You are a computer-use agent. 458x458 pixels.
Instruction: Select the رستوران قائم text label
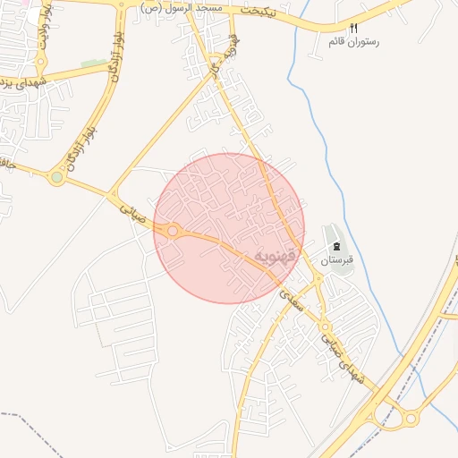pos(354,41)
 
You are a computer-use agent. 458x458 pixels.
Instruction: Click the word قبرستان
pos(338,259)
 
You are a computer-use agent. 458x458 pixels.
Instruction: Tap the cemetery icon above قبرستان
pos(337,245)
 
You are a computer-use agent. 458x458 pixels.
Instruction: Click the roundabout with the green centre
pos(57,178)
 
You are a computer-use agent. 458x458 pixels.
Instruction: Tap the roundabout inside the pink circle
pos(172,231)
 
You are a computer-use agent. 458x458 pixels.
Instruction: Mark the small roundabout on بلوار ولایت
pos(40,62)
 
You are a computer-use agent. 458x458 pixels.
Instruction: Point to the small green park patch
pos(92,64)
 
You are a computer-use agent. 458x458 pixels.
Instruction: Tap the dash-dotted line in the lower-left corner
pos(27,421)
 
